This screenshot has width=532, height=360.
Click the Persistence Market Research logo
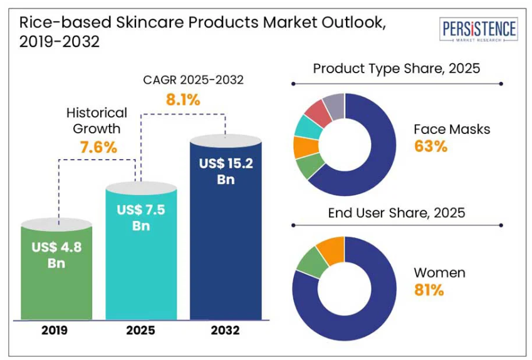pos(479,30)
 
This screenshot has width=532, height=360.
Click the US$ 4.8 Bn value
pos(56,254)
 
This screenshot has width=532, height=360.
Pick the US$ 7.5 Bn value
pos(141,217)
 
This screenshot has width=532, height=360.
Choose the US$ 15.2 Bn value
pos(225,172)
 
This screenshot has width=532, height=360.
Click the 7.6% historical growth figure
pos(98,148)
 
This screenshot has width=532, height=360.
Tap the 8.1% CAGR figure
pos(183,99)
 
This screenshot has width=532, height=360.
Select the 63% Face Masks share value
pos(430,147)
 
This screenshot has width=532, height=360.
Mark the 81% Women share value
pos(429,290)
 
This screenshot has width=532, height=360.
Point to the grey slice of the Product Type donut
pos(334,105)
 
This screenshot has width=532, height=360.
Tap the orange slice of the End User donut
pos(330,249)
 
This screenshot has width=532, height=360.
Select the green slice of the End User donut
pos(310,262)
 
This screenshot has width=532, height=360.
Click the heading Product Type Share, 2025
pos(397,68)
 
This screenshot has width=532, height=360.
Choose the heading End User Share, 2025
pos(397,213)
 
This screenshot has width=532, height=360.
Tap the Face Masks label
pos(452,130)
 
